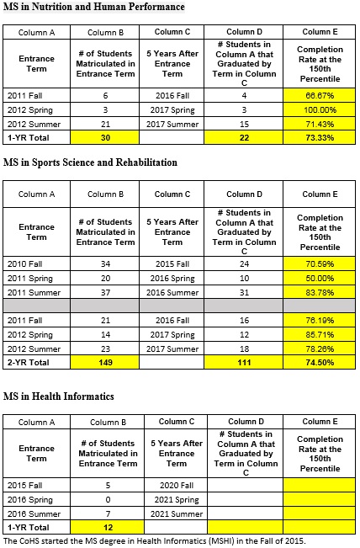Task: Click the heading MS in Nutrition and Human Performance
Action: (x=94, y=7)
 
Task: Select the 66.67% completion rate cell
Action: (x=319, y=95)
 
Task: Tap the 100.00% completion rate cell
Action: (x=319, y=109)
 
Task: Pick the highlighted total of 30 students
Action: (x=105, y=137)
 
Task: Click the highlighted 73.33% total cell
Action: (x=319, y=137)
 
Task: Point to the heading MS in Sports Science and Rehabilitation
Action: (x=90, y=162)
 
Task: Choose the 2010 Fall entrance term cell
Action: (x=37, y=263)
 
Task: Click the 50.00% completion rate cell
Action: (x=319, y=278)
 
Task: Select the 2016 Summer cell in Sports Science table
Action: (x=172, y=293)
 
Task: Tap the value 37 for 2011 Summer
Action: (x=105, y=293)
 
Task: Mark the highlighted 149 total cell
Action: (x=105, y=362)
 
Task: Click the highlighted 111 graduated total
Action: (x=243, y=362)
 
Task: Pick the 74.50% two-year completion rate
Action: (x=319, y=362)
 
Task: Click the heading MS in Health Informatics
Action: (x=59, y=396)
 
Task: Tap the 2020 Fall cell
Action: (x=176, y=485)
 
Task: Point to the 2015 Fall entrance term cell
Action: (x=37, y=485)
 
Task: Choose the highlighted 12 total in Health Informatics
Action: (x=107, y=527)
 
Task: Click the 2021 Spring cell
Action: (x=176, y=499)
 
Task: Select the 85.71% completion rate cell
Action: (x=319, y=334)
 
